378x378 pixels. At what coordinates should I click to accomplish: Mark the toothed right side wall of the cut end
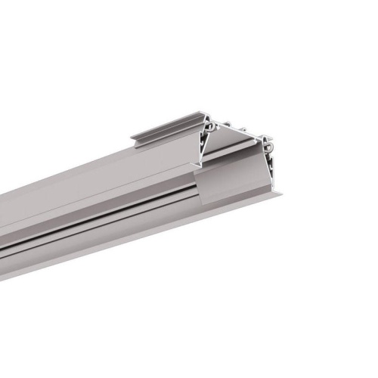(269, 155)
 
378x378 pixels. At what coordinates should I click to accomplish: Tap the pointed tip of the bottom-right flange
(282, 194)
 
